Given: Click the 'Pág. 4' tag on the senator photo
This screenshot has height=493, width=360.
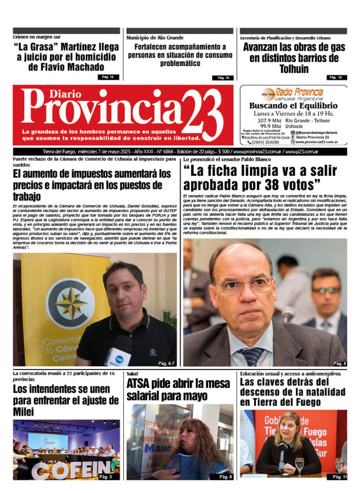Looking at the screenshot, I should pyautogui.click(x=339, y=363).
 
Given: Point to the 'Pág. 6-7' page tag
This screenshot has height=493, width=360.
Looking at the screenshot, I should pyautogui.click(x=165, y=363).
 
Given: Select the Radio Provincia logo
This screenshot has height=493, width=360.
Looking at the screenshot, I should pyautogui.click(x=292, y=93).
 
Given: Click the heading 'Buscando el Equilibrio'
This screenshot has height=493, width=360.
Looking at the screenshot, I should pyautogui.click(x=293, y=106).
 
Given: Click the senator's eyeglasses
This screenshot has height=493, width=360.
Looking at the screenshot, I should pyautogui.click(x=247, y=285).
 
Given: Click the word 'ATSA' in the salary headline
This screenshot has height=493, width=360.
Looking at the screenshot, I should pyautogui.click(x=140, y=384).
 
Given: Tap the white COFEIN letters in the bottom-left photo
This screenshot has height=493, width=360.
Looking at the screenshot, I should pyautogui.click(x=65, y=471).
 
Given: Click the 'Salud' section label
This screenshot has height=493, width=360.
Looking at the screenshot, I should pyautogui.click(x=132, y=374).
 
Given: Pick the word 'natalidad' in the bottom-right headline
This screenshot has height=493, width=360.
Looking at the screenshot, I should pyautogui.click(x=320, y=392).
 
